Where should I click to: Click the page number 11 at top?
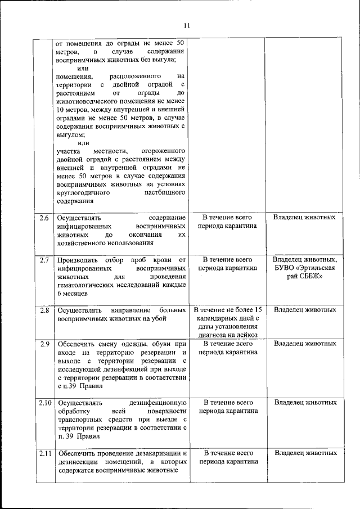187,25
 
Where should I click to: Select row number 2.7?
44,260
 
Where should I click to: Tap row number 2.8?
44,310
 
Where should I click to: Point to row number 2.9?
44,343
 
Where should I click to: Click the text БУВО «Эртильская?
305,268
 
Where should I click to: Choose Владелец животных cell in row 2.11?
305,453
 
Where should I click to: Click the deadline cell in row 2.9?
228,348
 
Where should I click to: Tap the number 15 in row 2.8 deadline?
257,310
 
